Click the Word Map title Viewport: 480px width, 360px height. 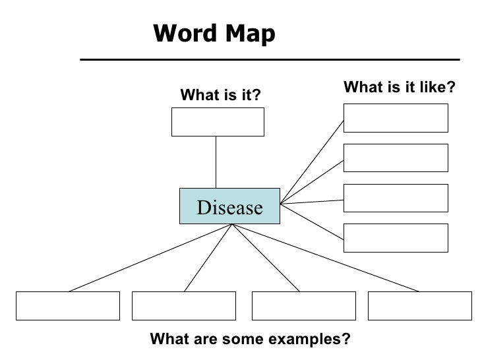click(214, 34)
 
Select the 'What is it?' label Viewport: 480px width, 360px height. click(221, 97)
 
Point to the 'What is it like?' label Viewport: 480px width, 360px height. click(400, 87)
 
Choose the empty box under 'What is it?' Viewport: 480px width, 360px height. click(218, 122)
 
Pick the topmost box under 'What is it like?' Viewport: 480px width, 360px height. click(396, 118)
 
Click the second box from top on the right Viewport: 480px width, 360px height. click(396, 158)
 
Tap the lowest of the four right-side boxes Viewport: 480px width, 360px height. click(396, 237)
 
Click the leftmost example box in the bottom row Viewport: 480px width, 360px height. click(68, 305)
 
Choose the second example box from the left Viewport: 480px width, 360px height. click(184, 305)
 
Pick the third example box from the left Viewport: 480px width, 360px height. click(304, 305)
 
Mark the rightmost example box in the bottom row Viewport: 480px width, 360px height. click(419, 305)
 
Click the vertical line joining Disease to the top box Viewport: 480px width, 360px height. click(216, 162)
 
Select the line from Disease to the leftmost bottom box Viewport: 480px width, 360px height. click(150, 257)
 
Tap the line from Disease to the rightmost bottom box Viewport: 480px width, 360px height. click(326, 257)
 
